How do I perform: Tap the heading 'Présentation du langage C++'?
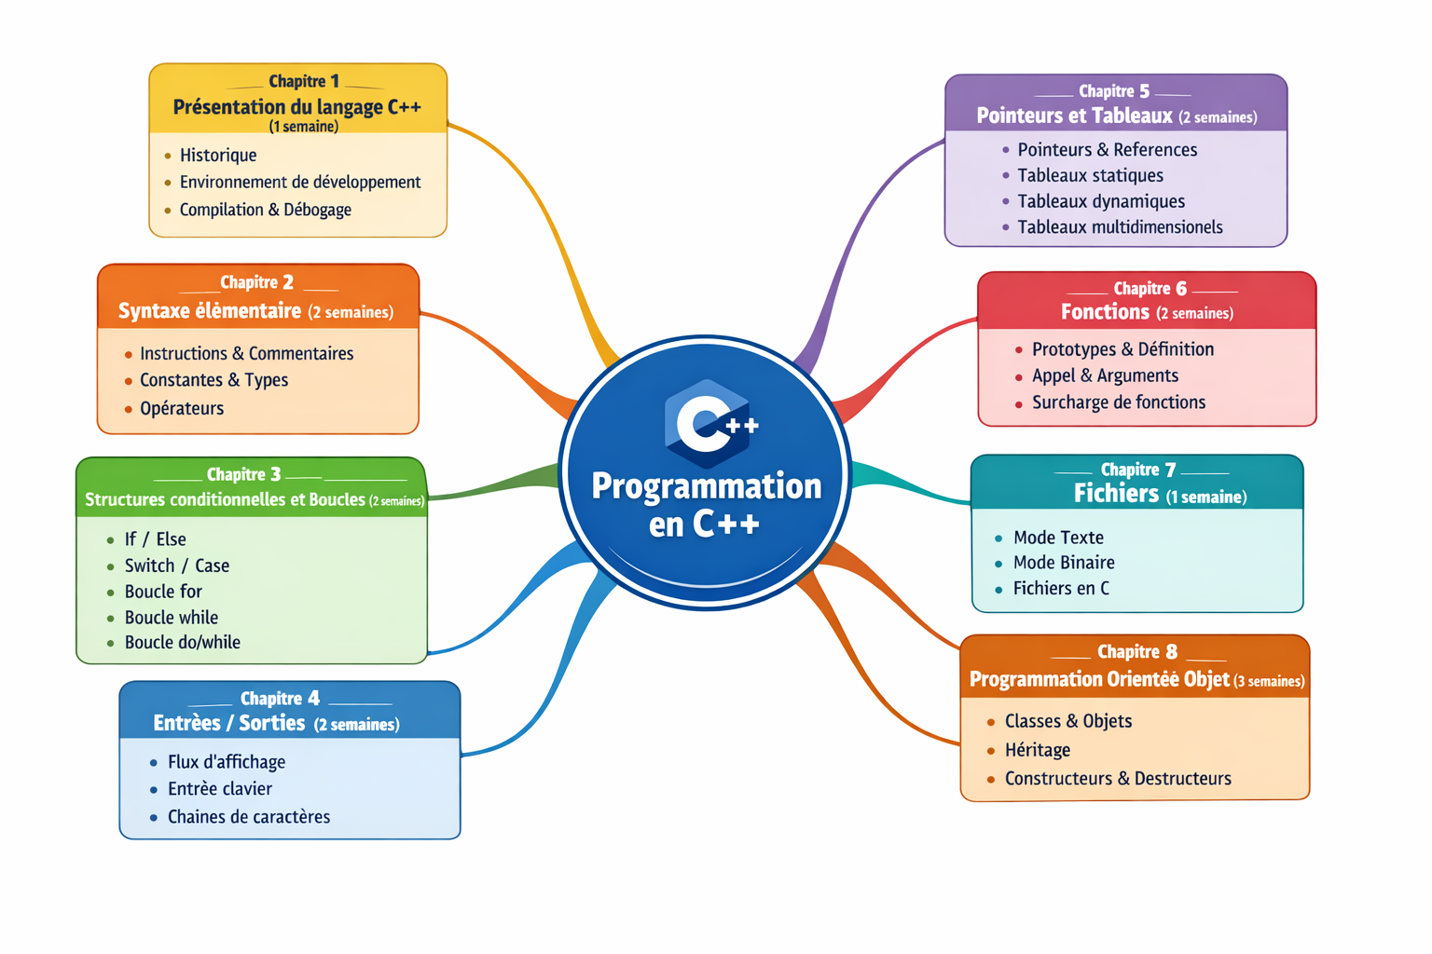(x=296, y=107)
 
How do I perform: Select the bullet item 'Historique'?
(x=218, y=156)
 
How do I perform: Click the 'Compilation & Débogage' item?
(x=265, y=210)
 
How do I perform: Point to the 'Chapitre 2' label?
(x=256, y=282)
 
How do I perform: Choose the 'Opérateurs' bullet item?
(x=182, y=408)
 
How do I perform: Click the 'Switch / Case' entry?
(x=177, y=566)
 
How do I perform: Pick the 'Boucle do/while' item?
(x=183, y=642)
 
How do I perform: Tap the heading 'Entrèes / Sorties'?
(x=229, y=723)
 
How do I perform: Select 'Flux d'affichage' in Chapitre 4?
(x=227, y=762)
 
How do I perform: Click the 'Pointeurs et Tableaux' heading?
(x=1074, y=116)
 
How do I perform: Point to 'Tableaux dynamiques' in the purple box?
(x=1101, y=201)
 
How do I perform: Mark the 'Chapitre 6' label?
(x=1150, y=289)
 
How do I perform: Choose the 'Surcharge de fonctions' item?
(x=1119, y=402)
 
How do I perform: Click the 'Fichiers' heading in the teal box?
(x=1116, y=493)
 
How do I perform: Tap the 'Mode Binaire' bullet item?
(x=1064, y=563)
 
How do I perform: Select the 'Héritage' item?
(x=1038, y=750)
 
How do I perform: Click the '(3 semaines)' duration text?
(x=1269, y=682)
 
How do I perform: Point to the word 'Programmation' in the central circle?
(x=707, y=486)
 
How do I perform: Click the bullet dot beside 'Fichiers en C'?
(x=998, y=590)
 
